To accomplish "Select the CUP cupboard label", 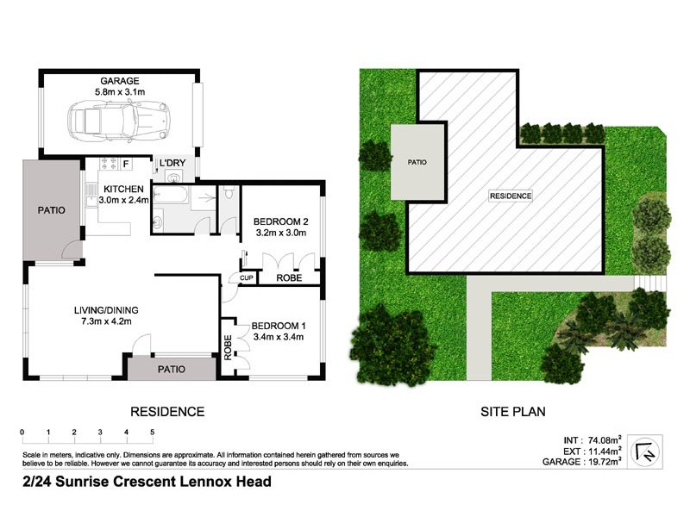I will [x=247, y=278].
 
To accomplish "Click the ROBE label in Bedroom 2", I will [x=288, y=278].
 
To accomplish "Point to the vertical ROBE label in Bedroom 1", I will [x=229, y=346].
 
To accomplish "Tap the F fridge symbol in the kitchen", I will [x=126, y=163].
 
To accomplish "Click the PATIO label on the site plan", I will [x=417, y=162].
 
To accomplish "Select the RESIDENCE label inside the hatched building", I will [x=511, y=196].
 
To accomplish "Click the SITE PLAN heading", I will [x=512, y=411].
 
